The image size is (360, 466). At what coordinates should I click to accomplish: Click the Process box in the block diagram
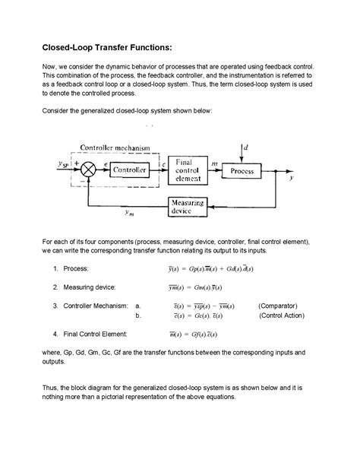coord(242,171)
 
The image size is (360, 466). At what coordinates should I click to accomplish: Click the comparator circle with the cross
coord(87,170)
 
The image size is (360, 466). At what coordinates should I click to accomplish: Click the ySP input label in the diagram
coord(62,163)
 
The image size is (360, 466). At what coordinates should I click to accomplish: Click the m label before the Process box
coord(213,163)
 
